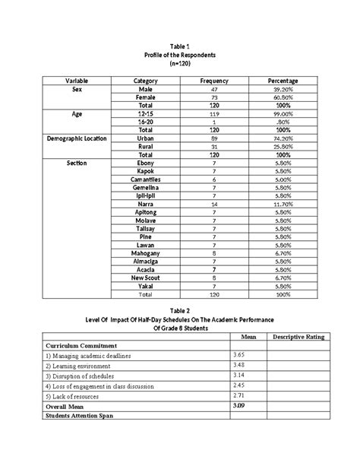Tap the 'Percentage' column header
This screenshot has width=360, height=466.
pyautogui.click(x=283, y=81)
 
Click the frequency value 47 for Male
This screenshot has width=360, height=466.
pyautogui.click(x=213, y=90)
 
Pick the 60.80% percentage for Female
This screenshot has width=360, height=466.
pyautogui.click(x=283, y=98)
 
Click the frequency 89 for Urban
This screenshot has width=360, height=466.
pyautogui.click(x=213, y=139)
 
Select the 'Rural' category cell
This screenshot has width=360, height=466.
pyautogui.click(x=145, y=147)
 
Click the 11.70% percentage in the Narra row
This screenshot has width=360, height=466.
pyautogui.click(x=283, y=204)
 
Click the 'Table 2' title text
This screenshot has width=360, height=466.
pyautogui.click(x=179, y=310)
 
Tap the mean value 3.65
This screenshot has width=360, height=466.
pyautogui.click(x=239, y=354)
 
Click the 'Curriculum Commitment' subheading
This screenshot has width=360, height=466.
pyautogui.click(x=77, y=344)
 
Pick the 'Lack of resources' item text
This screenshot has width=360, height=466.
pyautogui.click(x=81, y=397)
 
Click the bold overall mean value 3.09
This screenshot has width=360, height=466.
pyautogui.click(x=239, y=407)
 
